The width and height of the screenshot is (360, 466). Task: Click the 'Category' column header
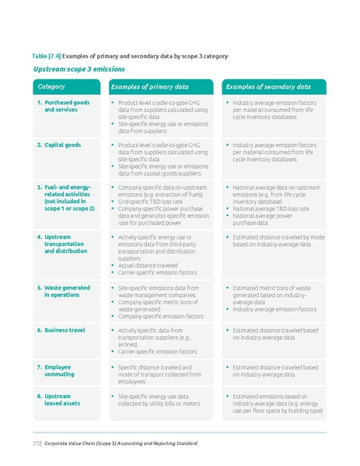(51, 86)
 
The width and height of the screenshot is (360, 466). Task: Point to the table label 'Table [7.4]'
(45, 56)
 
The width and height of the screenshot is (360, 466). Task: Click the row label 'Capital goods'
(62, 145)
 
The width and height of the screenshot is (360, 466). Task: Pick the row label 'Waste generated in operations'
(67, 291)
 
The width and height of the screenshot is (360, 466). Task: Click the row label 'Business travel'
(65, 330)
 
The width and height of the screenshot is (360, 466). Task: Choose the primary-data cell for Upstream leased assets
(159, 400)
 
